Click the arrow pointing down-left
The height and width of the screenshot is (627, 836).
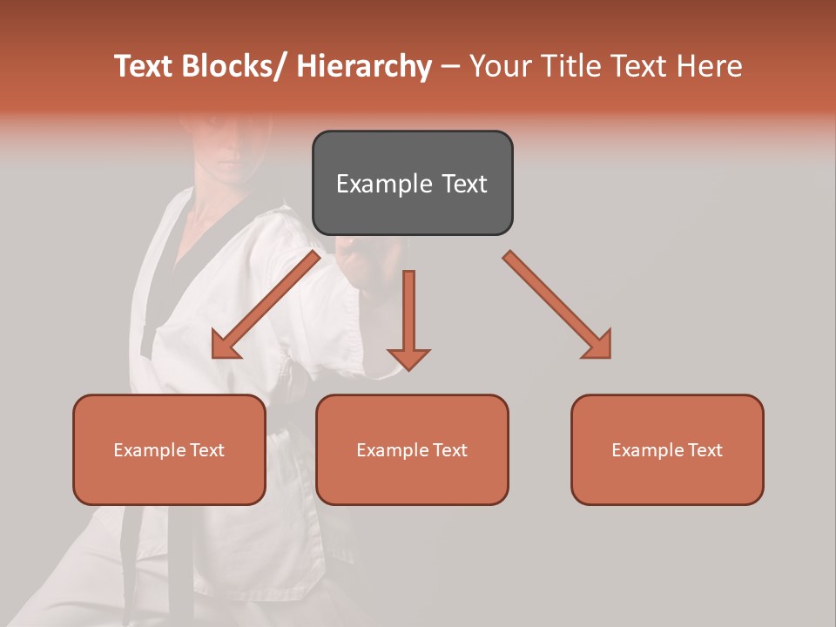[265, 305]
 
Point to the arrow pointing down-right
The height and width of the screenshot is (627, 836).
[557, 305]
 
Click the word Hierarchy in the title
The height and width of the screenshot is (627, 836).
[363, 66]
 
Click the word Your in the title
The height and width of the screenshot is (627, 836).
[501, 66]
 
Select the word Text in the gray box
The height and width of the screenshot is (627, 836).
[463, 185]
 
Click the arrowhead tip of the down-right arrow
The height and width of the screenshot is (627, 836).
[609, 356]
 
